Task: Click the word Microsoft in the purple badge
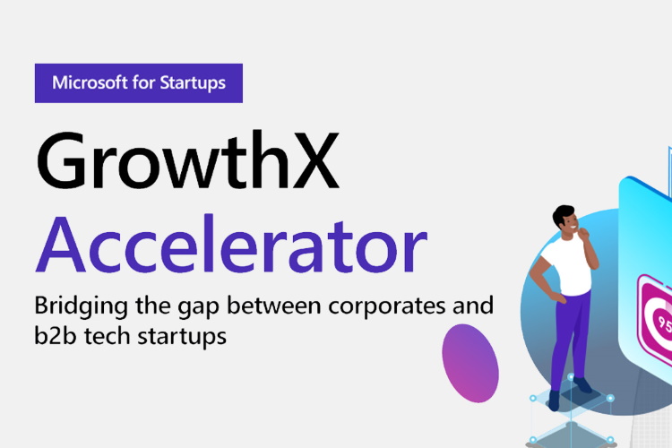(x=90, y=82)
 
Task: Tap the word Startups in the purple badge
(x=193, y=83)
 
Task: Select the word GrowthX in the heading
(x=188, y=159)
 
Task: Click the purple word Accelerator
(x=231, y=245)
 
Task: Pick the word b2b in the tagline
(x=56, y=336)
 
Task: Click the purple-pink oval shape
(x=470, y=363)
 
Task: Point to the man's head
(x=564, y=219)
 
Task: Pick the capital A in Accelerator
(x=60, y=245)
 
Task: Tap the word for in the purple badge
(x=143, y=82)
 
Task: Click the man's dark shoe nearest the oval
(x=554, y=401)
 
